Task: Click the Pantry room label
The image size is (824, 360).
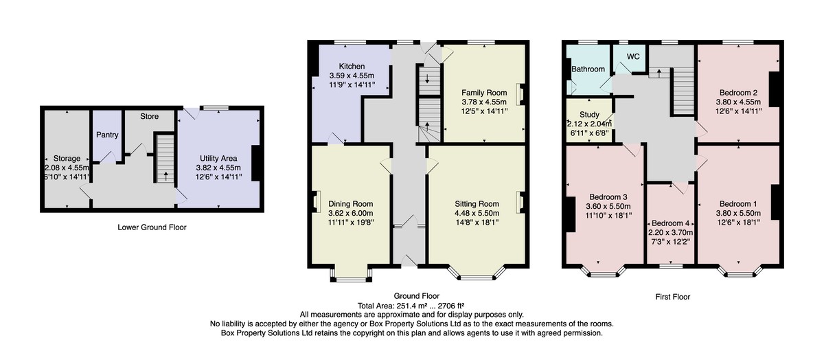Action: tap(107, 135)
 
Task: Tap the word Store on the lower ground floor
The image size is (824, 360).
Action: tap(150, 116)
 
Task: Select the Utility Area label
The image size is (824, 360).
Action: tap(218, 158)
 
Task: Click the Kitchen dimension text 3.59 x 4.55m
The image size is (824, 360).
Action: tap(352, 76)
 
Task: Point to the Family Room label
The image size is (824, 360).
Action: tap(484, 93)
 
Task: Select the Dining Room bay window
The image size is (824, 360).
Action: tap(352, 275)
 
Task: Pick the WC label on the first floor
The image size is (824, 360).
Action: tap(633, 57)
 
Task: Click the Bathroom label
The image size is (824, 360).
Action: tap(588, 69)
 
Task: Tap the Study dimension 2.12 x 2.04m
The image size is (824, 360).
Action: tap(589, 124)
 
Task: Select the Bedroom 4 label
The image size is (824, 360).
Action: tap(671, 223)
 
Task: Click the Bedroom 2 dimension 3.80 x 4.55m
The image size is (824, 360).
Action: tap(738, 102)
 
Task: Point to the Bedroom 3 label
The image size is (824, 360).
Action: tap(608, 197)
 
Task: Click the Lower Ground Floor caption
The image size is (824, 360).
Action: tap(152, 227)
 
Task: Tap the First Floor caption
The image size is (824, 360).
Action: tap(672, 297)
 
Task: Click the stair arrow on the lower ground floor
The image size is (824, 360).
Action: tap(165, 177)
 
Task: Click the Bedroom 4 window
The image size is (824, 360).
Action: tap(671, 266)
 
